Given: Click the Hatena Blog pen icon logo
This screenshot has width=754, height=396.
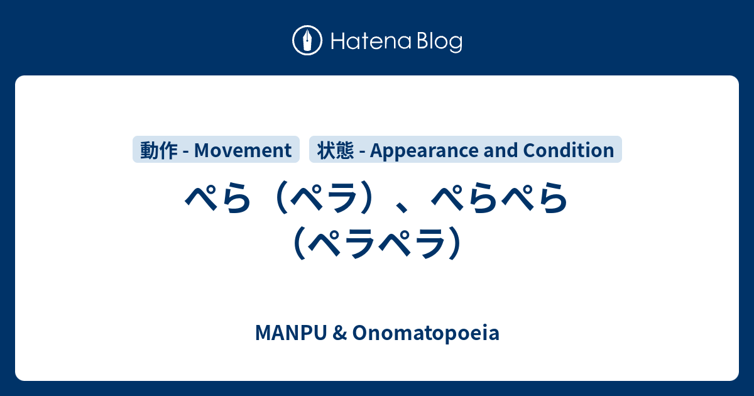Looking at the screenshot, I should point(307,41).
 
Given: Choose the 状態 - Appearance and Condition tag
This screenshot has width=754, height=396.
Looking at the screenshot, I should point(466,150).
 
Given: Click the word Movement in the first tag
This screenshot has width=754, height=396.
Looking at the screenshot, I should point(243,150).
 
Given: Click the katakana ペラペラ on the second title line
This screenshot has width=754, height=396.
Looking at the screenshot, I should point(377,242).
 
